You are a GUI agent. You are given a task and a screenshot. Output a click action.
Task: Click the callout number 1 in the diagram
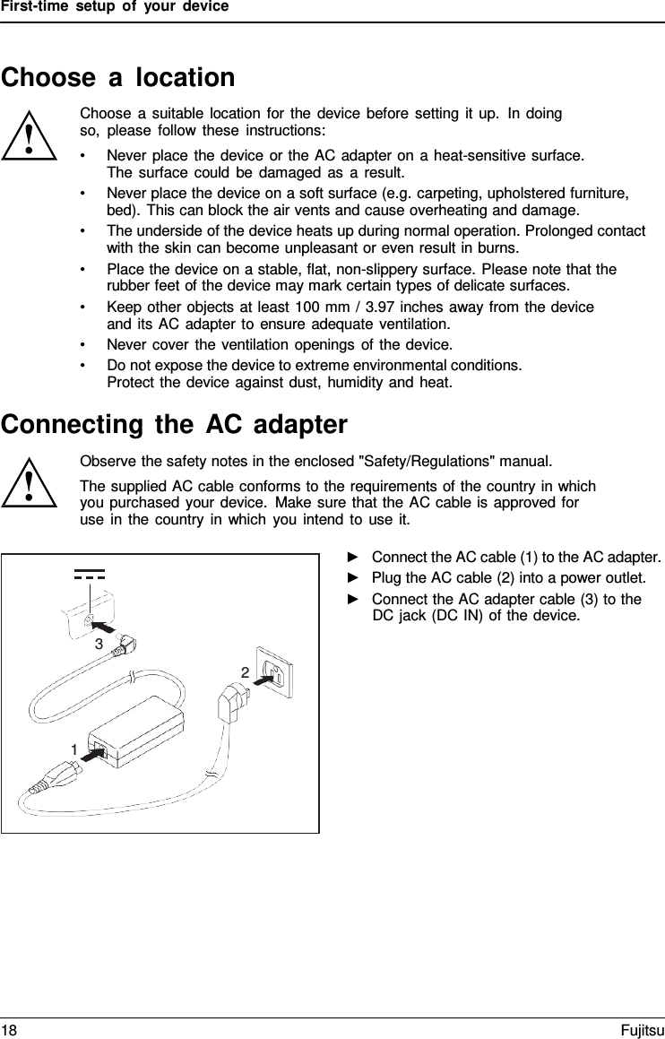75,748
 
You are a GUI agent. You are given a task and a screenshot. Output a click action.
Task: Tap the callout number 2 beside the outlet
244,672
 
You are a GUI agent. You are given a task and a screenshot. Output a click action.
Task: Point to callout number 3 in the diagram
99,644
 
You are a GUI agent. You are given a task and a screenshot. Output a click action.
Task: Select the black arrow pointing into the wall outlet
263,680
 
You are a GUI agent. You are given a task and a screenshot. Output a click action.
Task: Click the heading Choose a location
118,78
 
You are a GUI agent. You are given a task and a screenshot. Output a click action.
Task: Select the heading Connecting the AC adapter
174,424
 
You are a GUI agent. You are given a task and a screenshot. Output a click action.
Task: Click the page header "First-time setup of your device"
115,7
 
